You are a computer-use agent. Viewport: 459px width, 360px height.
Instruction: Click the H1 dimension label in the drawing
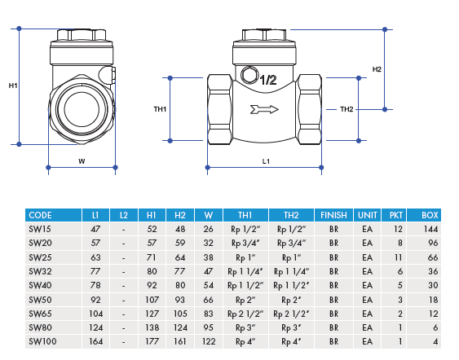pyautogui.click(x=13, y=86)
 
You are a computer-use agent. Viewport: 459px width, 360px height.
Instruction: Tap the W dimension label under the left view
pyautogui.click(x=82, y=161)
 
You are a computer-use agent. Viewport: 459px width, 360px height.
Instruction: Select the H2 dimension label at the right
pyautogui.click(x=377, y=69)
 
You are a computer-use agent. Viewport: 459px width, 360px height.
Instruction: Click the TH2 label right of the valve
pyautogui.click(x=346, y=109)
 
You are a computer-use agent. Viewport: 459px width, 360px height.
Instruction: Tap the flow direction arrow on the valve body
pyautogui.click(x=266, y=109)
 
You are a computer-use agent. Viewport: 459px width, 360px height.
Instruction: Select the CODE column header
pyautogui.click(x=40, y=215)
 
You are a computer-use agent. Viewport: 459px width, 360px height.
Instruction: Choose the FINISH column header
pyautogui.click(x=333, y=215)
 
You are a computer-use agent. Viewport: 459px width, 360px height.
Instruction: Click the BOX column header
pyautogui.click(x=430, y=215)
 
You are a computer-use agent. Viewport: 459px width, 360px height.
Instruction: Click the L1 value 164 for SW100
pyautogui.click(x=96, y=340)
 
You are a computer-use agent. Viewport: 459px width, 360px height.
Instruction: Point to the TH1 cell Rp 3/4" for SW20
pyautogui.click(x=245, y=244)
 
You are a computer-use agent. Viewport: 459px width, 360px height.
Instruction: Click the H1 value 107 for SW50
pyautogui.click(x=152, y=299)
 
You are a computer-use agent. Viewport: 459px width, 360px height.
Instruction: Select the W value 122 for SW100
pyautogui.click(x=209, y=340)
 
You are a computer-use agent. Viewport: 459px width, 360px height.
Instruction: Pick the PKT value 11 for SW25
pyautogui.click(x=398, y=257)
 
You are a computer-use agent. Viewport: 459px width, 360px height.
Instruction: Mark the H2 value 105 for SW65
pyautogui.click(x=180, y=313)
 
